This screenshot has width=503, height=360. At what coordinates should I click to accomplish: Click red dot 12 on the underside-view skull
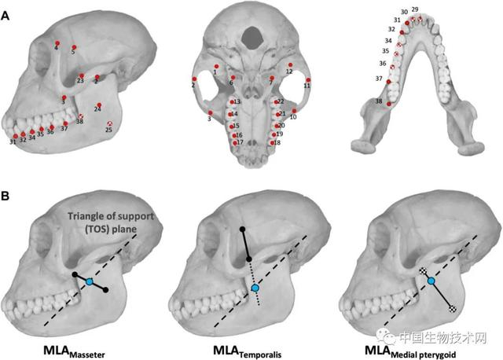pos(290,64)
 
